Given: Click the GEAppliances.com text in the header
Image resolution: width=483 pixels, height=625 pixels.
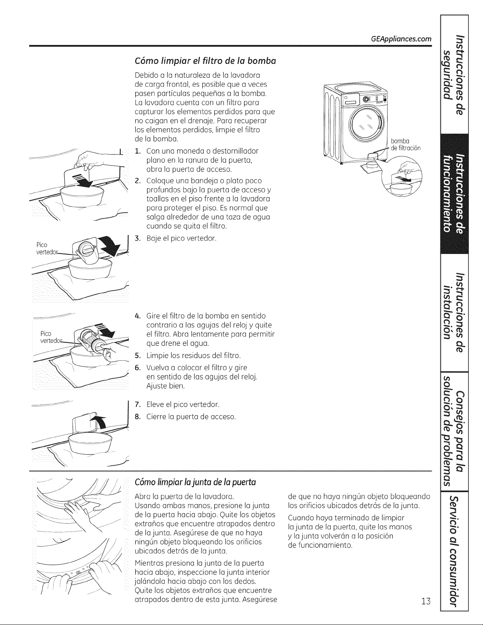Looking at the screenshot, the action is pyautogui.click(x=401, y=39).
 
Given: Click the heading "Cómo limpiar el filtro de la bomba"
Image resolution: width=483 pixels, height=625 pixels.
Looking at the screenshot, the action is pyautogui.click(x=205, y=61).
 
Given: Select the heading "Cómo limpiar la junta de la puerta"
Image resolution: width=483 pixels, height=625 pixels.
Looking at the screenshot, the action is pyautogui.click(x=195, y=482).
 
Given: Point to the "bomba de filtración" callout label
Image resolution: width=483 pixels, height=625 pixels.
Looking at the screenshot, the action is pyautogui.click(x=405, y=145).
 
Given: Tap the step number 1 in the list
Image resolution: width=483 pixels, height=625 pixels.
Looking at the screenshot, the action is pyautogui.click(x=138, y=151).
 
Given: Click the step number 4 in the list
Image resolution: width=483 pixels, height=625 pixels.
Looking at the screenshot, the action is pyautogui.click(x=138, y=316).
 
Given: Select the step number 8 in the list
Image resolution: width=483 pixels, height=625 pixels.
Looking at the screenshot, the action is pyautogui.click(x=138, y=416).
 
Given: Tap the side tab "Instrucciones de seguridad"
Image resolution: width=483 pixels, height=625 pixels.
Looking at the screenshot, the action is pyautogui.click(x=454, y=75).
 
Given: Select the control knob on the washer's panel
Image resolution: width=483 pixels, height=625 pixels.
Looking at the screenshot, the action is pyautogui.click(x=366, y=99).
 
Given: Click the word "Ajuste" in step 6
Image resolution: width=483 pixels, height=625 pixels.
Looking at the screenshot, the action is pyautogui.click(x=157, y=386).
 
